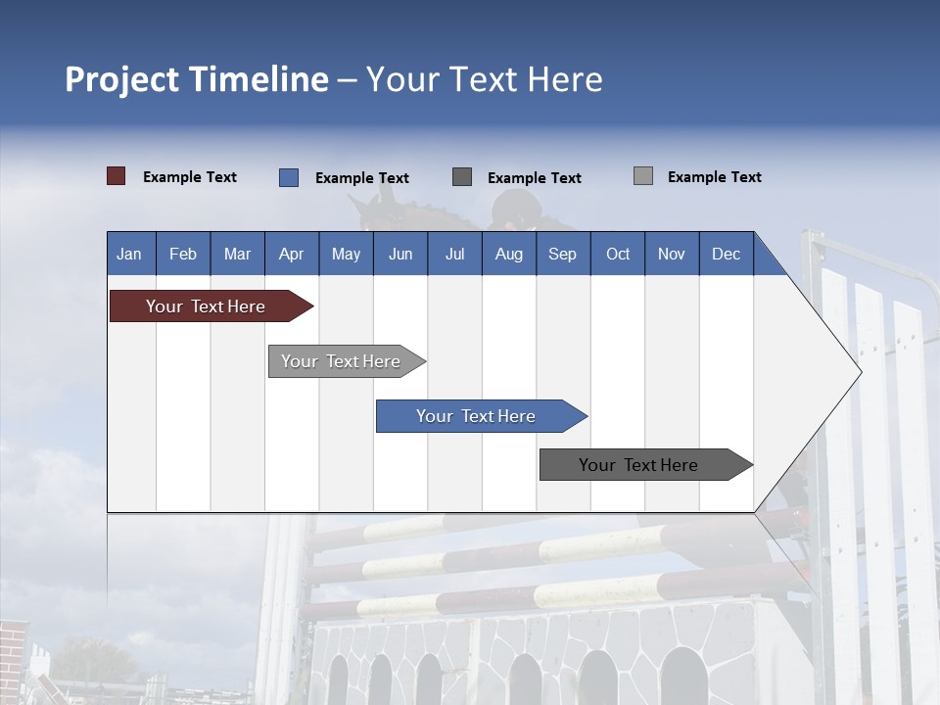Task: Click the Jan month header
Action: click(129, 254)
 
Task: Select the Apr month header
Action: click(291, 254)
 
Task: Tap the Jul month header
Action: click(454, 254)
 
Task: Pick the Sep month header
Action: click(562, 254)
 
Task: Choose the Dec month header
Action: click(726, 254)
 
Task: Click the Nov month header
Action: click(671, 254)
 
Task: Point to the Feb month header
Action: click(183, 254)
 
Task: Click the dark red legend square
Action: click(116, 176)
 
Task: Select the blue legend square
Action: click(288, 177)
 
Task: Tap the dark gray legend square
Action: click(461, 177)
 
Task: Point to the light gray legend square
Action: click(642, 176)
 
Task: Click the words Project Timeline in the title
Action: click(196, 79)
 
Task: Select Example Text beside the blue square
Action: click(361, 178)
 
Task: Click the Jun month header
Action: click(399, 254)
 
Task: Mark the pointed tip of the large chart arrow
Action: click(860, 371)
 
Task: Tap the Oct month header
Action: click(617, 254)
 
